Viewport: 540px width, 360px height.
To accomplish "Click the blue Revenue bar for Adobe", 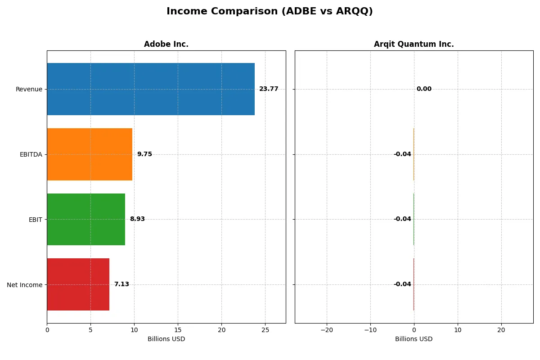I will pyautogui.click(x=151, y=89).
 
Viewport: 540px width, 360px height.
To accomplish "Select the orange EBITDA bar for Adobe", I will pyautogui.click(x=90, y=154).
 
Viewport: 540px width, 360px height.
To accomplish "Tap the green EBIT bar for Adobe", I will pyautogui.click(x=86, y=219).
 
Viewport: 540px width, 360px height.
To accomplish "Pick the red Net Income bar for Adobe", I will pyautogui.click(x=78, y=284).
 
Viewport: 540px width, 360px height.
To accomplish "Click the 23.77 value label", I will pyautogui.click(x=269, y=89).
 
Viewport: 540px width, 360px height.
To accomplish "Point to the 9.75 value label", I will pyautogui.click(x=144, y=154).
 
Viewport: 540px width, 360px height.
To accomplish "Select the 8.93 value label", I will pyautogui.click(x=137, y=219).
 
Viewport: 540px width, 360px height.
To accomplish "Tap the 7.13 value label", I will pyautogui.click(x=121, y=284).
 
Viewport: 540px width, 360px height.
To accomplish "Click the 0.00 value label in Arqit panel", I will pyautogui.click(x=424, y=89).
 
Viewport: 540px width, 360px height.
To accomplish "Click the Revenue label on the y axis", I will pyautogui.click(x=29, y=89).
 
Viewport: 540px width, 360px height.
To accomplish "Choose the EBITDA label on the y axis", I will pyautogui.click(x=31, y=154).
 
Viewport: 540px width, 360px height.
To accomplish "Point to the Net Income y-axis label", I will pyautogui.click(x=25, y=284).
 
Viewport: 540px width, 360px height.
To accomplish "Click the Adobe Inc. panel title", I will pyautogui.click(x=166, y=44).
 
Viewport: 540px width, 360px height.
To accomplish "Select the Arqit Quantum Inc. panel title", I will pyautogui.click(x=414, y=44).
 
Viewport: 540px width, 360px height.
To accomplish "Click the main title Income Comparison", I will pyautogui.click(x=270, y=11).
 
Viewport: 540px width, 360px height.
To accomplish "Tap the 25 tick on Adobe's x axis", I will pyautogui.click(x=265, y=330).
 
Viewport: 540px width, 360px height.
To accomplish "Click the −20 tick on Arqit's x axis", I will pyautogui.click(x=326, y=330).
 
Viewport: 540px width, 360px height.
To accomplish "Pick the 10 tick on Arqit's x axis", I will pyautogui.click(x=458, y=330).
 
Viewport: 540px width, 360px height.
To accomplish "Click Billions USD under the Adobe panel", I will pyautogui.click(x=166, y=339).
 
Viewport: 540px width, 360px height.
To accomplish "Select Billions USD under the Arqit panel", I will pyautogui.click(x=414, y=339).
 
